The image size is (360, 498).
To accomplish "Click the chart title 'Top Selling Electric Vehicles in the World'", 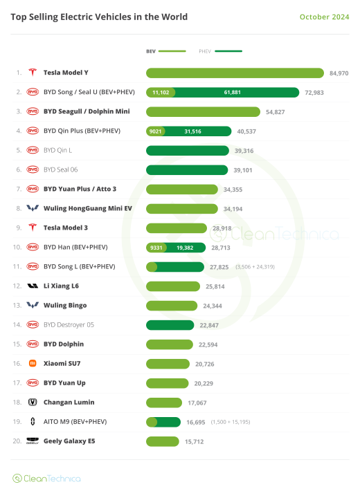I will point(99,17).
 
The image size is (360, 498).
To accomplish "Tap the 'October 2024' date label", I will point(324,17).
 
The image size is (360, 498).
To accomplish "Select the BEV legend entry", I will point(165,51).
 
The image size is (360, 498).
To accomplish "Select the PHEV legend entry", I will point(220,51).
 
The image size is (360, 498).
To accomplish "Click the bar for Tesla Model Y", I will point(235,73).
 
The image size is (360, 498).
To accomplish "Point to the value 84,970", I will point(339,73).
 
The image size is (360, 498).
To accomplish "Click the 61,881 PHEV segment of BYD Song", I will point(237,92).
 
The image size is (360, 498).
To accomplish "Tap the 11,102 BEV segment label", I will point(161,92).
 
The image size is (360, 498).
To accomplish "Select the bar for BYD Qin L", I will point(187,150).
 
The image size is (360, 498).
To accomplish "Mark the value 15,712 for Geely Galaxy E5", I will point(194,441).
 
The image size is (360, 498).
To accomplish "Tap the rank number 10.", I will point(19,247).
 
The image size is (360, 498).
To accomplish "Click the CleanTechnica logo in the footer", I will point(46,478).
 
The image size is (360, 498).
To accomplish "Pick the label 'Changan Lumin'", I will point(69,402).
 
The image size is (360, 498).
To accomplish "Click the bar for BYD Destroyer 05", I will point(170,324).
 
